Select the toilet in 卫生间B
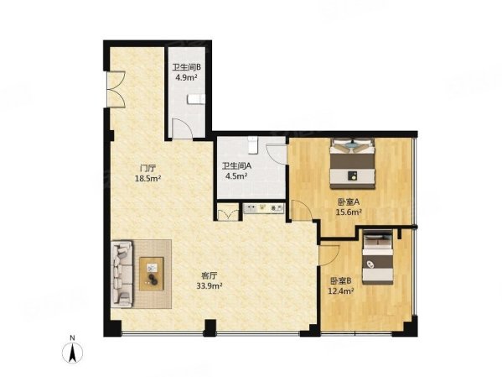[x=194, y=99]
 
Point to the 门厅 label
[x=150, y=167]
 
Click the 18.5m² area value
[x=150, y=178]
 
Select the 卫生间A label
[x=235, y=166]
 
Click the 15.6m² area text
[x=349, y=212]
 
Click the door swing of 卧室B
[x=329, y=255]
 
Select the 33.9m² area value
[x=208, y=284]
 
